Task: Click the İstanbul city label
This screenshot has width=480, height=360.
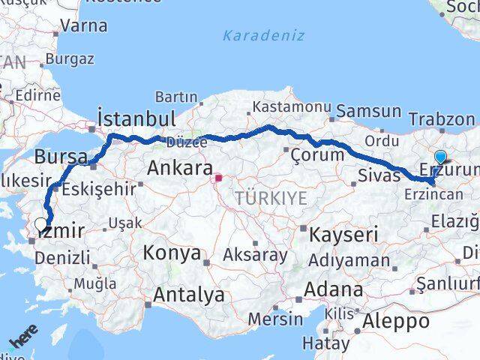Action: (136, 118)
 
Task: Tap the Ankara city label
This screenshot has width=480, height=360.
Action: (179, 168)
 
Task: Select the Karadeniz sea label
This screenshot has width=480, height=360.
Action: (263, 35)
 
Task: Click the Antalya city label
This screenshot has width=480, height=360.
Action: (188, 295)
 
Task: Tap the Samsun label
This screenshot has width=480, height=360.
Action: (368, 111)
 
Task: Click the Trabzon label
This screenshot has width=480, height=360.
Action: (442, 119)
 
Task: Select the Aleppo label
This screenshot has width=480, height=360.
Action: (396, 321)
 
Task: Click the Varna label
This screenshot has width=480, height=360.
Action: (83, 25)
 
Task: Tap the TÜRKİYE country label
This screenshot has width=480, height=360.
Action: (271, 198)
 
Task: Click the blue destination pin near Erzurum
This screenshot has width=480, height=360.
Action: (440, 157)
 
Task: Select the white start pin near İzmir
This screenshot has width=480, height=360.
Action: (41, 223)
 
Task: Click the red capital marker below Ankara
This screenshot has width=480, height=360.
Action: (218, 178)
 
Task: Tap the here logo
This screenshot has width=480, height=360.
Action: (23, 340)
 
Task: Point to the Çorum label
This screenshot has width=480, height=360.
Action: (317, 155)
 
